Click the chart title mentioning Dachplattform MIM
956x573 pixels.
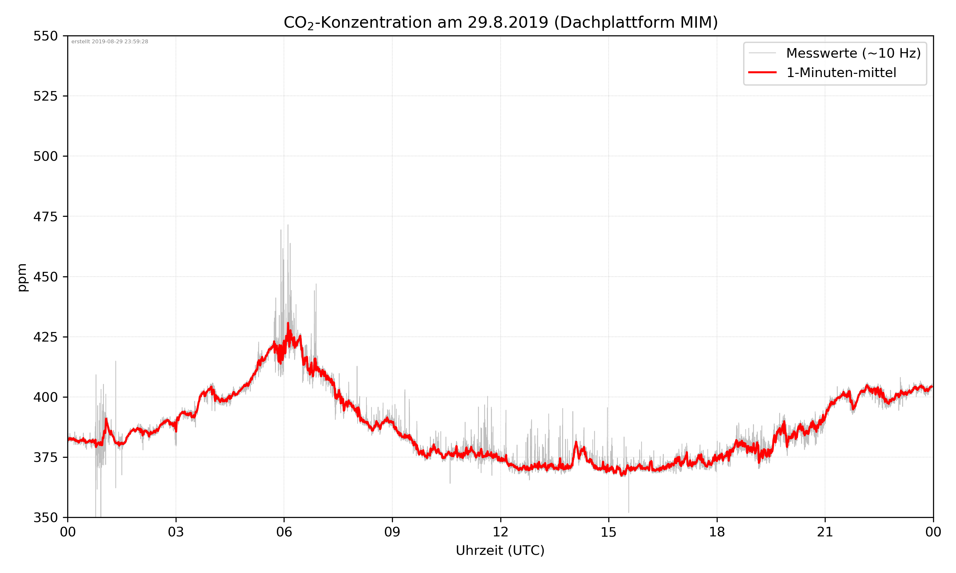click(x=500, y=22)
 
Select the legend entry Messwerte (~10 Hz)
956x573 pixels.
click(x=853, y=53)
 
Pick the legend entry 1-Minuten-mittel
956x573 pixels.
click(x=841, y=73)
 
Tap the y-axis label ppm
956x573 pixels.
click(x=22, y=277)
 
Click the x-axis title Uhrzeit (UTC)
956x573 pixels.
click(x=500, y=550)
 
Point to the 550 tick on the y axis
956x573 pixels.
click(x=45, y=36)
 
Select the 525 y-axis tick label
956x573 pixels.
click(x=45, y=96)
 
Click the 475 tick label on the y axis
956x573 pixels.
click(x=45, y=216)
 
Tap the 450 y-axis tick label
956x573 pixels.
click(x=45, y=277)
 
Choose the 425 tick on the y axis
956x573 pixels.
click(x=45, y=337)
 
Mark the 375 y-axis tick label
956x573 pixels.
click(x=45, y=457)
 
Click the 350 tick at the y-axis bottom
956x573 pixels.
click(x=45, y=518)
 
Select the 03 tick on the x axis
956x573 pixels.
click(x=176, y=532)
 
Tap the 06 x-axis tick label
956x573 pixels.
click(x=284, y=532)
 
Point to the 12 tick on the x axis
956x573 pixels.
click(x=500, y=532)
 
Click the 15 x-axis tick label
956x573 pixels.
click(x=609, y=532)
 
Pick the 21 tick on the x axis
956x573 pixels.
click(x=825, y=532)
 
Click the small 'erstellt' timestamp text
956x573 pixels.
click(x=110, y=42)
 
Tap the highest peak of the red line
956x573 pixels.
click(x=288, y=323)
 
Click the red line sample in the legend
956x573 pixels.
click(x=762, y=72)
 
